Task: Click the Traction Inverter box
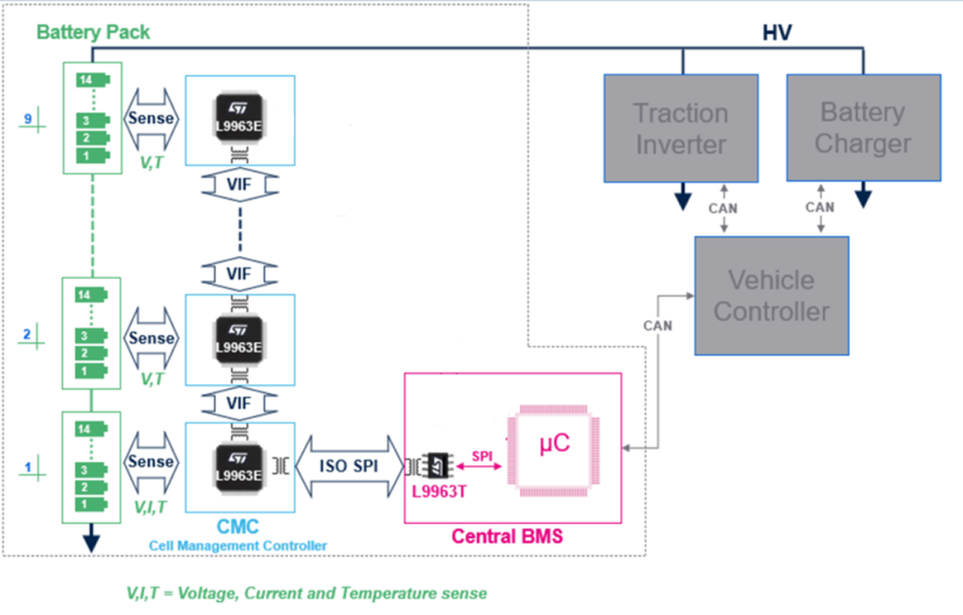(681, 128)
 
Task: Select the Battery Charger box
(863, 128)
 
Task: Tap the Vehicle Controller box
(771, 296)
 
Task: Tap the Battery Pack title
(93, 32)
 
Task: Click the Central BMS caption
(506, 537)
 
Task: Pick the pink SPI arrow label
(481, 455)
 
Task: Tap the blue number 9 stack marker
(28, 118)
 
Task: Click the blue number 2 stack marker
(27, 334)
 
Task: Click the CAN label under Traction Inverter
(723, 208)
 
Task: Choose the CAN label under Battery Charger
(819, 208)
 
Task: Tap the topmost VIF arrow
(240, 185)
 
